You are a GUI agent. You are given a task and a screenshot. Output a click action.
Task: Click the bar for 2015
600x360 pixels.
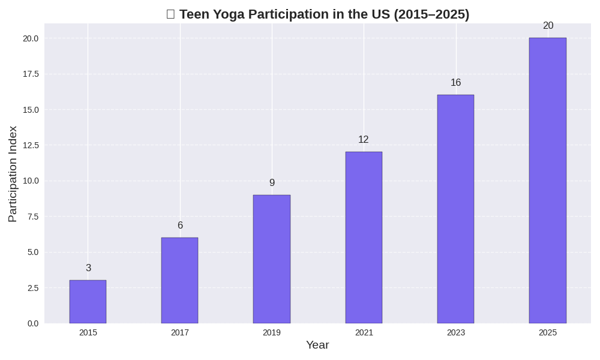point(88,302)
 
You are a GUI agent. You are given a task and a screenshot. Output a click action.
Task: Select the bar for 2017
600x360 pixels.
point(179,280)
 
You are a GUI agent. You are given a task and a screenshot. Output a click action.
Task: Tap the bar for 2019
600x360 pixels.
point(271,259)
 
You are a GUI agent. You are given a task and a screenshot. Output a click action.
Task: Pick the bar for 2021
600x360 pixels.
point(364,238)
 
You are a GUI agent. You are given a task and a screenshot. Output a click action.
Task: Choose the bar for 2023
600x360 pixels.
point(455,209)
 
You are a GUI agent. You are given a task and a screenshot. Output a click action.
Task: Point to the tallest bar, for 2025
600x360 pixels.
point(547,181)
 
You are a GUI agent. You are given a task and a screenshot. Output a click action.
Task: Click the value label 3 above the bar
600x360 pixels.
point(88,268)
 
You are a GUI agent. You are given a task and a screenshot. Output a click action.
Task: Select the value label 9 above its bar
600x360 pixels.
point(272,183)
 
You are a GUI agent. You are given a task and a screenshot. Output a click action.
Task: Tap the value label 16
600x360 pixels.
point(455,83)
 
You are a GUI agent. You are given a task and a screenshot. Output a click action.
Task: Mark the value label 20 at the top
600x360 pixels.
point(548,26)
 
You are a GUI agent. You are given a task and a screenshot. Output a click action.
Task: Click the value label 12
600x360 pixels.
point(364,140)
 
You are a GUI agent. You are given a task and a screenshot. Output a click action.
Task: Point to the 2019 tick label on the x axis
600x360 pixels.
point(271,332)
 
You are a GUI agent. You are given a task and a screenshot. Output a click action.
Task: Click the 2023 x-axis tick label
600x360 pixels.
point(455,332)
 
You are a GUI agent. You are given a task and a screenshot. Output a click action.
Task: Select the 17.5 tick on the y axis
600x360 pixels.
point(31,74)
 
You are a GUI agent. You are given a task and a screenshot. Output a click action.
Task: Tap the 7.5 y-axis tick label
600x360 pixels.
point(32,217)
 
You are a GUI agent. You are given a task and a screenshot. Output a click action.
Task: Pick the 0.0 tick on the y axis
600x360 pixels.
point(32,323)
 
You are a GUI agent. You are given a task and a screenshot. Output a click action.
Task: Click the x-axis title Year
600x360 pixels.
point(317,345)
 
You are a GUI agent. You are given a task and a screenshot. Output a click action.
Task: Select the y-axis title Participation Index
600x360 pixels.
point(13,174)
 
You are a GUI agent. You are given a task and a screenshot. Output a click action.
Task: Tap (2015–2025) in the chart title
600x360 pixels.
point(431,14)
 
